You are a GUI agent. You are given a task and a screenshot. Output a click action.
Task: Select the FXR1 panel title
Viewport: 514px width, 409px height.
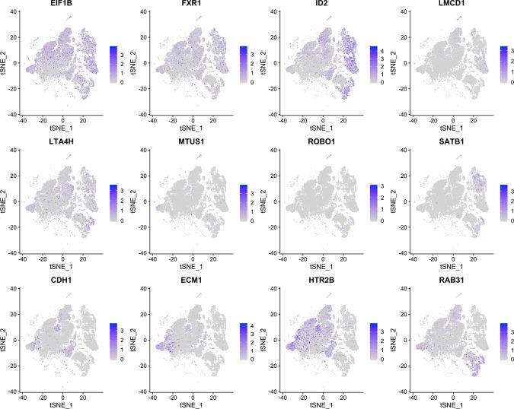coord(192,5)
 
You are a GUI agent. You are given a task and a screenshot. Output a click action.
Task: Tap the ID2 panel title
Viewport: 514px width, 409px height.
coord(321,5)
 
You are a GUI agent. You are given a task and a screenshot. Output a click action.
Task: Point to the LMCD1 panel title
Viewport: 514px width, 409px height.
coord(449,5)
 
